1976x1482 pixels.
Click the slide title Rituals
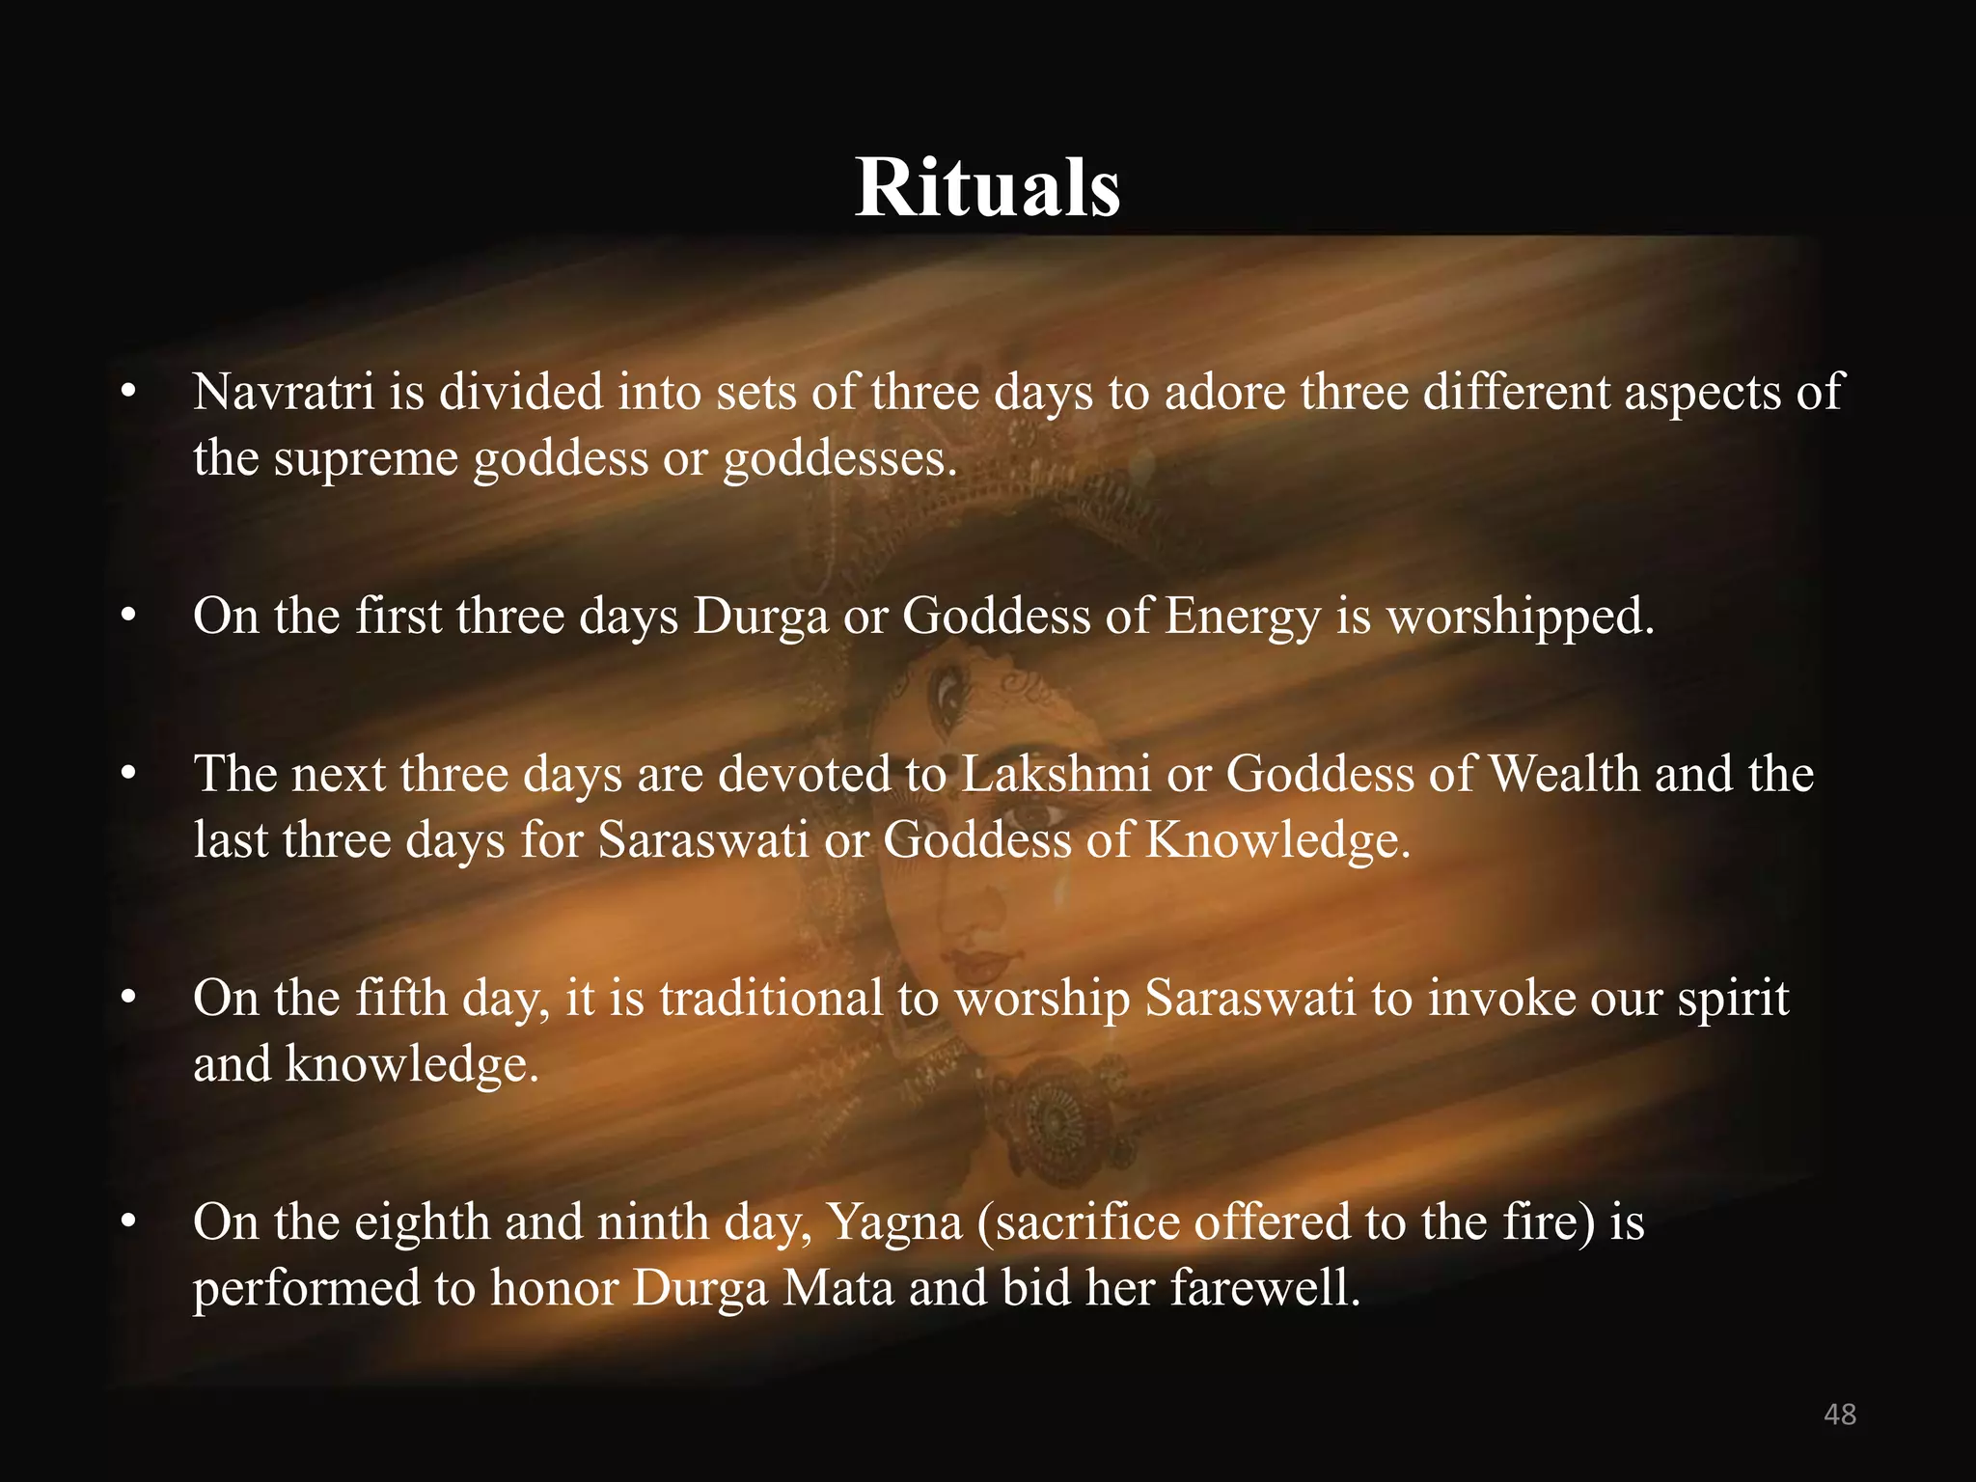[x=987, y=187]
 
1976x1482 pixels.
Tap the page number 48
[x=1840, y=1413]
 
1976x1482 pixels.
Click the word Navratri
[x=284, y=392]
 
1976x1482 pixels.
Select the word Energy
[x=1243, y=617]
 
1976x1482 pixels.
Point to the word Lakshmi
[x=1056, y=774]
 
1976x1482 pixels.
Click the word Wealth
[x=1564, y=774]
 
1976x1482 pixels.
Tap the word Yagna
[x=895, y=1222]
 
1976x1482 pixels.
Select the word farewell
[x=1265, y=1288]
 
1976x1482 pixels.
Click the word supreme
[x=366, y=457]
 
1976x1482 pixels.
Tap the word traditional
[x=771, y=998]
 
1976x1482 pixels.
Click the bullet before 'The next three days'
[x=128, y=774]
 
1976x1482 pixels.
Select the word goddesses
[x=839, y=457]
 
